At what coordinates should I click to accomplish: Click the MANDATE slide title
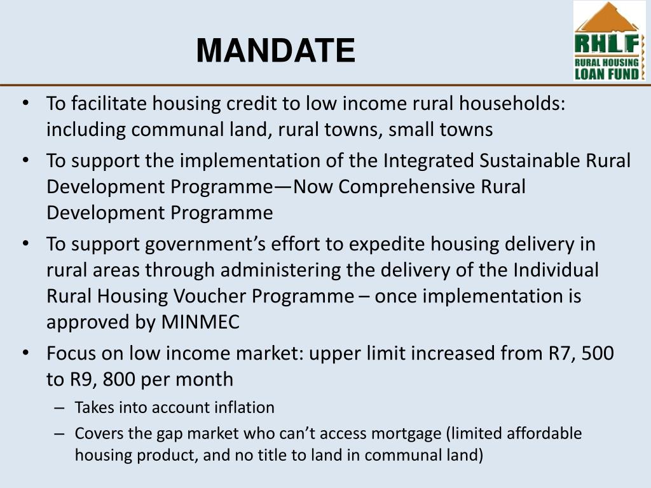pos(275,51)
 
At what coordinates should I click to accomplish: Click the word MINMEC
pos(200,322)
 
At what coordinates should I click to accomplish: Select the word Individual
pos(555,270)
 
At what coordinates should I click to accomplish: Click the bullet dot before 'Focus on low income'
pos(25,352)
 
